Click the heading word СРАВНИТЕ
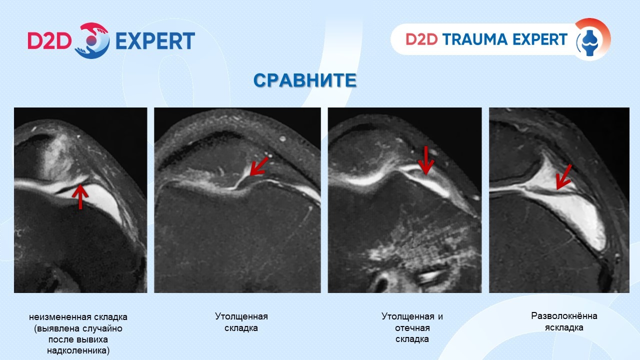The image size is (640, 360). click(x=305, y=80)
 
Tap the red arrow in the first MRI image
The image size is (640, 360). click(x=80, y=196)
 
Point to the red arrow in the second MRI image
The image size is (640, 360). click(x=259, y=166)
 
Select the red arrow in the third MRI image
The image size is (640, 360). click(x=426, y=160)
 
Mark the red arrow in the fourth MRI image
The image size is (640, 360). click(x=563, y=177)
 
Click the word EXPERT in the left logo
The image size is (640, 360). click(x=155, y=41)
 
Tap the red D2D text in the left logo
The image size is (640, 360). click(x=49, y=41)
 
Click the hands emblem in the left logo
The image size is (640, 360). click(x=92, y=40)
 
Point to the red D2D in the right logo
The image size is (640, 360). click(x=421, y=39)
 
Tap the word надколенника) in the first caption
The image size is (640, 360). click(x=78, y=350)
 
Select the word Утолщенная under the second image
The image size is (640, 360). click(x=241, y=316)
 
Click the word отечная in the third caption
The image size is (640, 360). click(x=412, y=328)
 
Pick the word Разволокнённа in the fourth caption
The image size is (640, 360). click(x=564, y=316)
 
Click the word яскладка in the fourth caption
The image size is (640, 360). click(x=564, y=327)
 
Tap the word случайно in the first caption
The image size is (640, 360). click(x=100, y=328)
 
